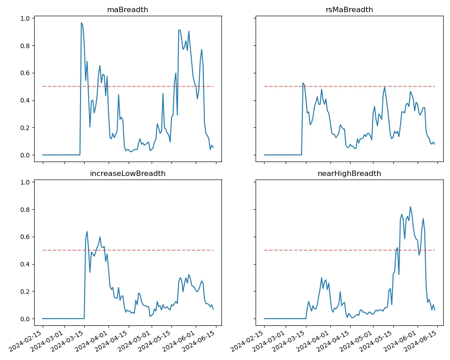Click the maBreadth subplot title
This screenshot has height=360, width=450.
pos(127,9)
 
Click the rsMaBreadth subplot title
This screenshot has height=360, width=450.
pos(349,9)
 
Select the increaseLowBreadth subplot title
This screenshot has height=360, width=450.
pos(127,173)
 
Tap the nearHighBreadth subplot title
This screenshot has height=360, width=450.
pos(349,173)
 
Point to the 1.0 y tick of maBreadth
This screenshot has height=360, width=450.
pos(25,18)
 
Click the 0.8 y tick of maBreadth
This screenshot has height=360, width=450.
pos(25,46)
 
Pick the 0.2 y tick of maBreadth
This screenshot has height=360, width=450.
pos(25,128)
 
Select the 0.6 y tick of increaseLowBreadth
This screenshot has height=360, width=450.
pos(25,237)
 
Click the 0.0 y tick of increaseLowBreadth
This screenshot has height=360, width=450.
pos(25,319)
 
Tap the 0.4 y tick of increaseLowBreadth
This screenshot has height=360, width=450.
pos(25,264)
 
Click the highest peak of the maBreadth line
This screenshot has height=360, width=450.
pos(81,22)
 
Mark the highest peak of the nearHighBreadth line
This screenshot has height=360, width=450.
pos(410,207)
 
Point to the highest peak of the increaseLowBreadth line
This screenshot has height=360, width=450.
pos(87,231)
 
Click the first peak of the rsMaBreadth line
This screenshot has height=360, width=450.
pos(303,83)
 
